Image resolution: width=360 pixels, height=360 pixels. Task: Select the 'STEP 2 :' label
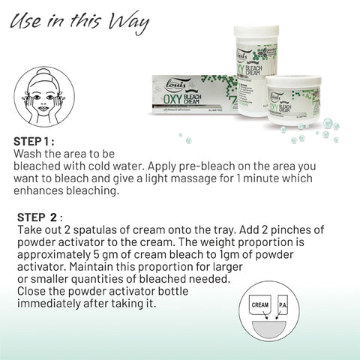(45, 217)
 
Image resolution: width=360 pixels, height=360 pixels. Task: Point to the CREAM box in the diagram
(261, 306)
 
